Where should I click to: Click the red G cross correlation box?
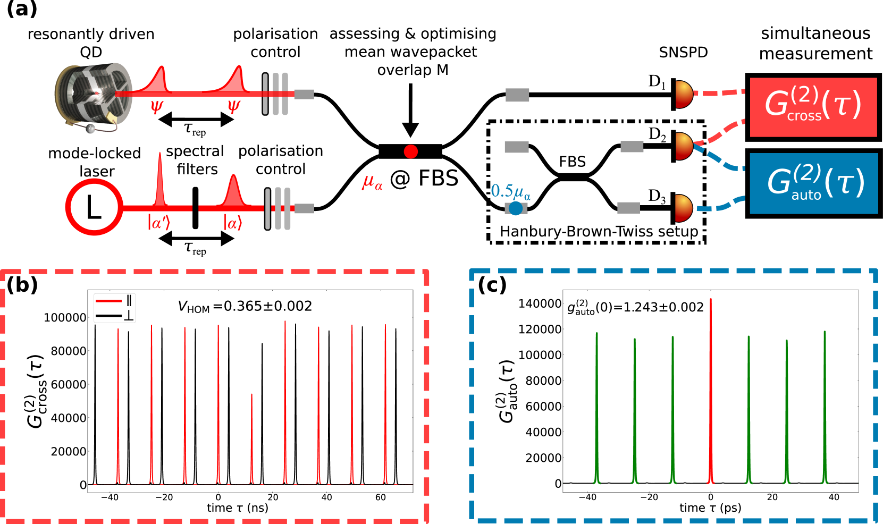tap(813, 107)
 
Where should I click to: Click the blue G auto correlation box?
tap(813, 183)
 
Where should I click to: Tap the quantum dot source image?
tap(94, 97)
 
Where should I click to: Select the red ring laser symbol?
tap(94, 207)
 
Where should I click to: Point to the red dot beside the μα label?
tap(410, 152)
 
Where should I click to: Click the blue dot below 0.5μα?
tap(515, 208)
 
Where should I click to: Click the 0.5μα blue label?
tap(510, 191)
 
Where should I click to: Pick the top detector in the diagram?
tap(684, 95)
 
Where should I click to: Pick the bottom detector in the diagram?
tap(684, 208)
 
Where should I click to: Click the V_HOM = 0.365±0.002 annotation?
tap(245, 307)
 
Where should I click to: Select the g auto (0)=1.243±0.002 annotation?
tap(635, 308)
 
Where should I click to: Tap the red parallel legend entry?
tap(114, 301)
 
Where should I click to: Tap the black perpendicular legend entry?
tap(114, 316)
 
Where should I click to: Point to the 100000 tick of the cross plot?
tap(65, 318)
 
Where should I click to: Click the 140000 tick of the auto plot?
tap(540, 303)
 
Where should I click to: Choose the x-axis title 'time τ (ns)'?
tap(238, 508)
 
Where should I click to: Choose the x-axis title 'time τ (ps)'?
tap(710, 508)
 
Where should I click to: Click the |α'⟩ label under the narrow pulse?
tap(158, 223)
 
